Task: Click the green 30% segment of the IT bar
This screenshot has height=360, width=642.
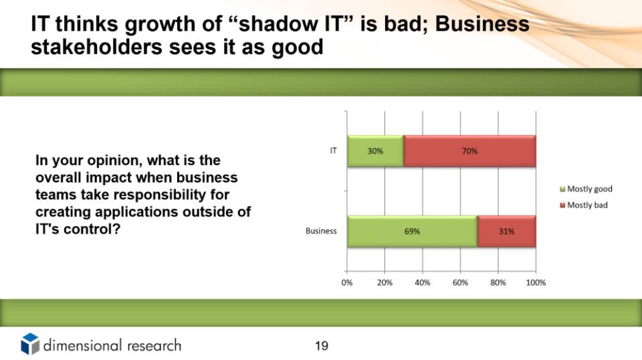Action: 375,151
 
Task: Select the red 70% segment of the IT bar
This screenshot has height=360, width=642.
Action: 469,151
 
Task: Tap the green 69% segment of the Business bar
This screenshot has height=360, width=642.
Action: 413,232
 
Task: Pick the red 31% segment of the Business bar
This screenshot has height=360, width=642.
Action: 507,232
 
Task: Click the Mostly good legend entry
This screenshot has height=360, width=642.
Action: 586,189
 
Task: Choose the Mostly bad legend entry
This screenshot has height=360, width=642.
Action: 584,205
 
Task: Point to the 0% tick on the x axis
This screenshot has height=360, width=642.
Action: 347,282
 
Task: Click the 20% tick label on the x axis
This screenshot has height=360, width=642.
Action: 385,282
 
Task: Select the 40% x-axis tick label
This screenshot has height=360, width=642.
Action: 423,282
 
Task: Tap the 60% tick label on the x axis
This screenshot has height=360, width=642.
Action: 460,282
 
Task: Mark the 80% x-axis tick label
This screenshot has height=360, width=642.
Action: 498,282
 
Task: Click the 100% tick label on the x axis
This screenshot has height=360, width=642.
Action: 536,282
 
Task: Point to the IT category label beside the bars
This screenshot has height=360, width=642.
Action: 333,151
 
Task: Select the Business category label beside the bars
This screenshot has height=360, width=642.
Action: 321,231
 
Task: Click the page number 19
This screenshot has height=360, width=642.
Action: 322,346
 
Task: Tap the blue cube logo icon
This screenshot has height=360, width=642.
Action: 30,344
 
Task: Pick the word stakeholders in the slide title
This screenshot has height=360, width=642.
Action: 96,47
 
